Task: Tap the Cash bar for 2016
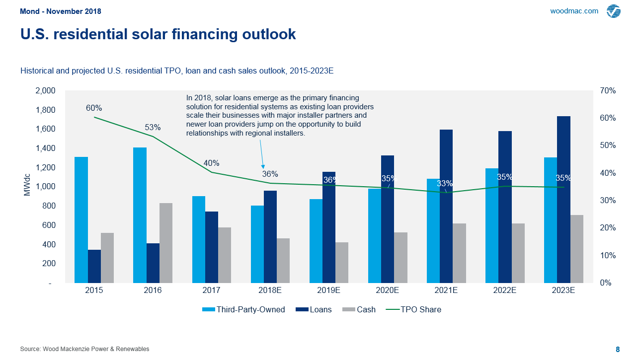pos(166,243)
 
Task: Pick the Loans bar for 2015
pos(94,266)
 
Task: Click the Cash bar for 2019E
pos(342,263)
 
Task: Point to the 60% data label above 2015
pos(94,108)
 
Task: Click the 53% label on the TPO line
pos(153,127)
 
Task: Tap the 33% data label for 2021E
pos(445,183)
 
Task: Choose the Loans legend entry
pos(314,309)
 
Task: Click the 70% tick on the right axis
pos(608,91)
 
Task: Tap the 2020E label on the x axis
pos(387,290)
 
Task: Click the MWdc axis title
pos(27,187)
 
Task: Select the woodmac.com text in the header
pos(574,11)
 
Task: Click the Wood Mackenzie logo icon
pos(614,11)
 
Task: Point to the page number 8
pos(618,349)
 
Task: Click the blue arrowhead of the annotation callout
pos(263,166)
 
